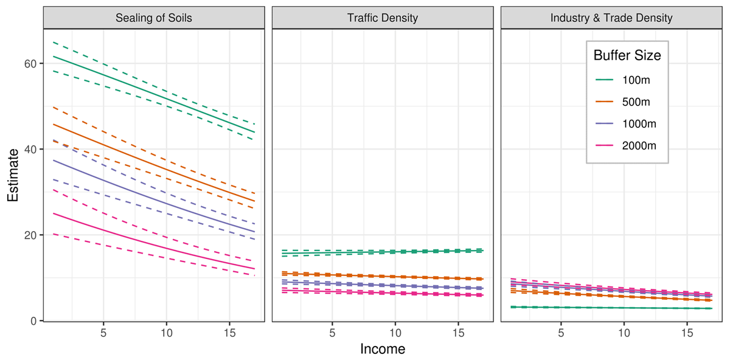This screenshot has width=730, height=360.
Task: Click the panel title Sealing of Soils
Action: [153, 18]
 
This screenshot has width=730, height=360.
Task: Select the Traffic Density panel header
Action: [382, 18]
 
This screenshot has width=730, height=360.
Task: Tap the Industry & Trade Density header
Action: [611, 18]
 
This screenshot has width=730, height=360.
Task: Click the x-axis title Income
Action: [382, 349]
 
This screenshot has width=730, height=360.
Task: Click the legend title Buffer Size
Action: [627, 55]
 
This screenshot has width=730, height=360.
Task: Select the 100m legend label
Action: [637, 80]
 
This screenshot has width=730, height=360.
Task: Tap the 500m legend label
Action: [637, 102]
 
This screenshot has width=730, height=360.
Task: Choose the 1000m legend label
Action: [639, 123]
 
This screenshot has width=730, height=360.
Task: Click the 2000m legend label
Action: [639, 145]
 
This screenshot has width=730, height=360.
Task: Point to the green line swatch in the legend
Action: [604, 80]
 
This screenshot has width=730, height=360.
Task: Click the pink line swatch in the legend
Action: [604, 145]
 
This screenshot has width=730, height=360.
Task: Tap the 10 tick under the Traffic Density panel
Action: [395, 334]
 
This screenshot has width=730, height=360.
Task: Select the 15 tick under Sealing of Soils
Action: [229, 334]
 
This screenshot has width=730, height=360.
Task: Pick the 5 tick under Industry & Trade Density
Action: [561, 334]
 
